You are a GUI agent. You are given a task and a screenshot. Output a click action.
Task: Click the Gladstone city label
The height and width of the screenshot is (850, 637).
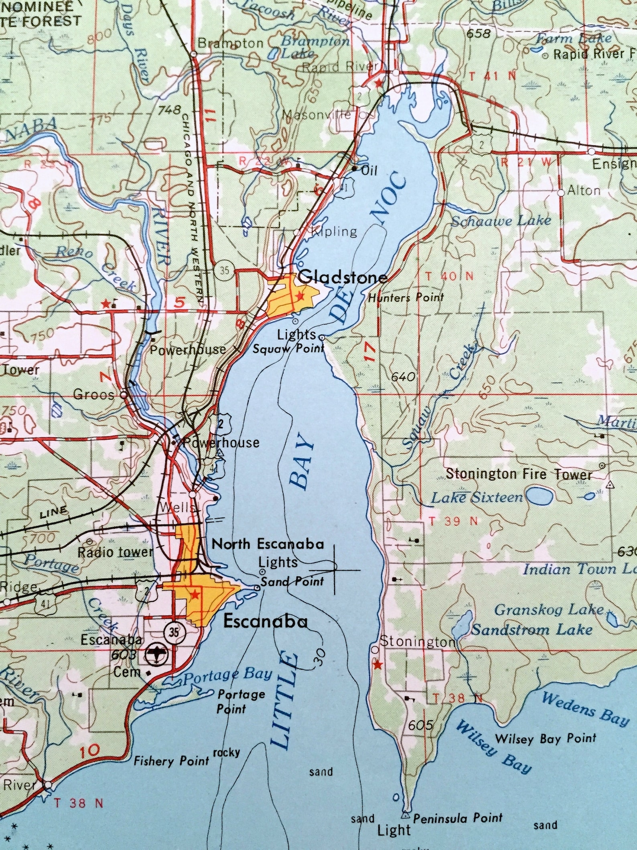point(343,277)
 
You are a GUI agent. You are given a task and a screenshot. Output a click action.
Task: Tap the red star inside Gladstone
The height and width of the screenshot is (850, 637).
point(299,296)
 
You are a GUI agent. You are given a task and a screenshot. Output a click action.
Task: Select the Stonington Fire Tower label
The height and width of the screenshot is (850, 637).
point(519,474)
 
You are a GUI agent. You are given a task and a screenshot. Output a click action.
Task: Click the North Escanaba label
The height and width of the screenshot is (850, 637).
point(268,544)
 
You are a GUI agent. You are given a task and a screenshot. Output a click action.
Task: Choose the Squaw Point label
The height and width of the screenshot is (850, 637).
point(288,349)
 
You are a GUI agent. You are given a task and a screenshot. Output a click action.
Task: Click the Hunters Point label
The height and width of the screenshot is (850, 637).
point(406,298)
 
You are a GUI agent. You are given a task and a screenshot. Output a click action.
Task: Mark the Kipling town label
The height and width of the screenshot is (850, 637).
point(334,231)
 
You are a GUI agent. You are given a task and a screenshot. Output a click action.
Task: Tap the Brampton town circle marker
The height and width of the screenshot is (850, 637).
point(193,53)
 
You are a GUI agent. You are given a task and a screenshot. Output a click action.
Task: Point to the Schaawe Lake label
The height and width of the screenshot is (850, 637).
point(500,220)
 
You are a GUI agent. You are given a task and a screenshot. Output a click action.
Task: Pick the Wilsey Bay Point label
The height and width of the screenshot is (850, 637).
point(546,738)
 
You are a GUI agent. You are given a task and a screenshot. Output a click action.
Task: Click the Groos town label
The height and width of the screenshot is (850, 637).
point(94,395)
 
